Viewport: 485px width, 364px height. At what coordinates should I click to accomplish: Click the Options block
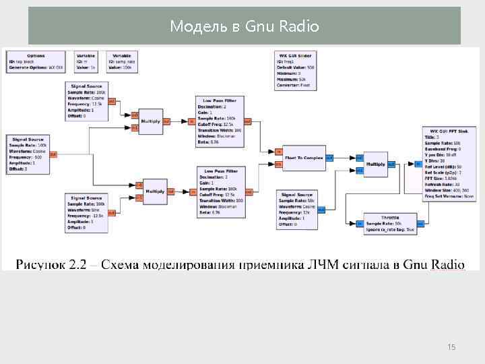click(x=36, y=61)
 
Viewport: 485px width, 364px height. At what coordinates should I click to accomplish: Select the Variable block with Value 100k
click(x=121, y=61)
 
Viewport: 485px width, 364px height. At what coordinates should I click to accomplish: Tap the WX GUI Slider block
click(x=297, y=69)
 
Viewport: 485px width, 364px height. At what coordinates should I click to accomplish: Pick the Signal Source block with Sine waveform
click(x=87, y=214)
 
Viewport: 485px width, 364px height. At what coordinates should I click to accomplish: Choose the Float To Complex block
click(x=303, y=158)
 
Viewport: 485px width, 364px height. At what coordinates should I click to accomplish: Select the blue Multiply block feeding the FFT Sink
click(x=375, y=164)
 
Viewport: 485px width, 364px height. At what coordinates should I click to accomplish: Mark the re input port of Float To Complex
click(x=278, y=152)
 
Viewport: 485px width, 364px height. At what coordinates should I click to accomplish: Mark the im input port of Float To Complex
click(x=278, y=164)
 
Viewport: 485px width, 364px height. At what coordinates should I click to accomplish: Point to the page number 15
click(x=451, y=347)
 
